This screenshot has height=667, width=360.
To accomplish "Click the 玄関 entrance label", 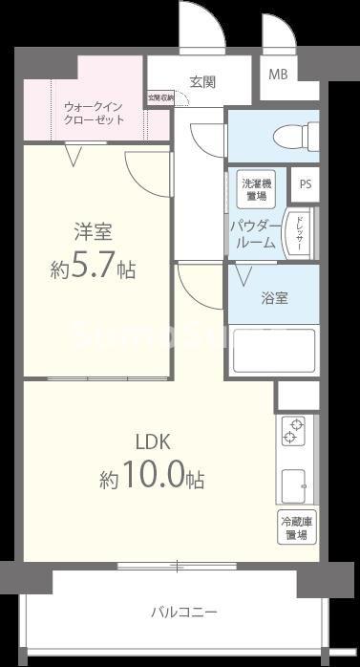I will coord(201,81).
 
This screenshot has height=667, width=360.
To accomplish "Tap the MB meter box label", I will coord(277,74).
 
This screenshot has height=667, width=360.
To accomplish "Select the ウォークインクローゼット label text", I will coord(94,113).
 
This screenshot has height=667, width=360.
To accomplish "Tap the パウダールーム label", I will coord(253,234).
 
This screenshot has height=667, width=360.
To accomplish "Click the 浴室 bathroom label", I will coord(275,297).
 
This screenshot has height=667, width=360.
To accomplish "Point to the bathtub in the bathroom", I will coord(274,350).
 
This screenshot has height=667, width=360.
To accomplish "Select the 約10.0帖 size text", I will coord(151,479).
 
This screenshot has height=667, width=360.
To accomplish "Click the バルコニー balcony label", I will coord(183,612).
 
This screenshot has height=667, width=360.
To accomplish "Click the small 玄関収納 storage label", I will coord(159,97).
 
